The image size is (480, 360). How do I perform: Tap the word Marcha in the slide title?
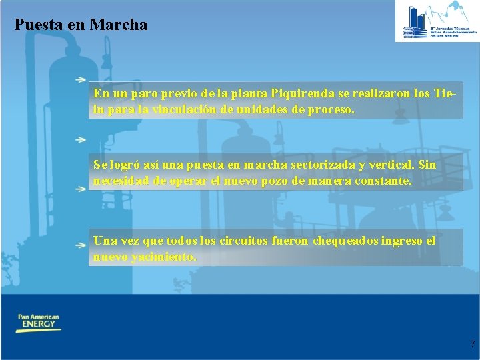click(118, 25)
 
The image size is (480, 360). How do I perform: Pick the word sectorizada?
click(318, 165)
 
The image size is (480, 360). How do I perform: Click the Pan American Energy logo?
click(39, 323)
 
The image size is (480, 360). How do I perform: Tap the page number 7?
click(472, 345)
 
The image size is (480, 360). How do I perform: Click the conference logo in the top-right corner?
click(437, 21)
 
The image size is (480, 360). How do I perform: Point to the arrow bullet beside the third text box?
click(80, 245)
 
